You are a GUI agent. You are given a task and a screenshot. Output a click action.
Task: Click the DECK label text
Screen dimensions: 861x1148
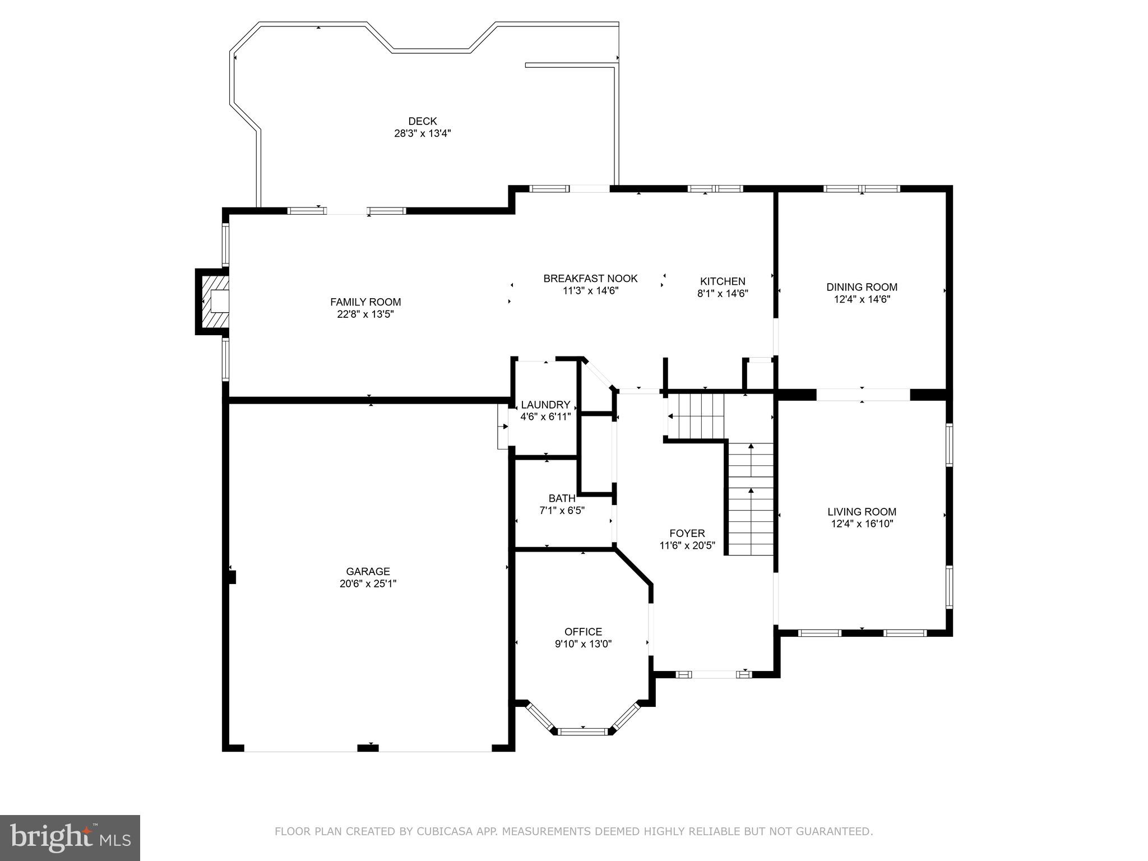pyautogui.click(x=422, y=121)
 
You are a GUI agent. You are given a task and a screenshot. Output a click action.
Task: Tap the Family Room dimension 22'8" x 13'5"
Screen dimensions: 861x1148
pyautogui.click(x=365, y=314)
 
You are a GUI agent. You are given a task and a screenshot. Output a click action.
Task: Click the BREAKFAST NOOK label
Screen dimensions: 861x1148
pyautogui.click(x=590, y=279)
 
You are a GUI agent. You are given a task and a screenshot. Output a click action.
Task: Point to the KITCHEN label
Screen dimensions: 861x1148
pyautogui.click(x=723, y=281)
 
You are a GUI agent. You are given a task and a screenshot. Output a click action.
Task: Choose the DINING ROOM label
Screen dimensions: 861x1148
pyautogui.click(x=862, y=287)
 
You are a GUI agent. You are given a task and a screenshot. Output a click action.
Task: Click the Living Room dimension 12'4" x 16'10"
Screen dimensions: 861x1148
pyautogui.click(x=862, y=524)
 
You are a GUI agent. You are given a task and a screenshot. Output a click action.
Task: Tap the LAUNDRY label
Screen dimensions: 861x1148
pyautogui.click(x=545, y=405)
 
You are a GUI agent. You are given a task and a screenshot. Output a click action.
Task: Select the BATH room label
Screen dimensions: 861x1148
pyautogui.click(x=562, y=498)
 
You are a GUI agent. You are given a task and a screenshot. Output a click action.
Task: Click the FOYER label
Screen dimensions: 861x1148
pyautogui.click(x=687, y=533)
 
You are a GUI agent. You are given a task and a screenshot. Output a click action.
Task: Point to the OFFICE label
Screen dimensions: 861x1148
pyautogui.click(x=583, y=632)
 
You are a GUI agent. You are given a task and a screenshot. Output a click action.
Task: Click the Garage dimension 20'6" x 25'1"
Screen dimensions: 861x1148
pyautogui.click(x=368, y=584)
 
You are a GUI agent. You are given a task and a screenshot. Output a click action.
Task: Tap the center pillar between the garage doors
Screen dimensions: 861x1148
pyautogui.click(x=368, y=747)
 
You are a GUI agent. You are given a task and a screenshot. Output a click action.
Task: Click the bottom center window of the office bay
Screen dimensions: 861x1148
pyautogui.click(x=584, y=731)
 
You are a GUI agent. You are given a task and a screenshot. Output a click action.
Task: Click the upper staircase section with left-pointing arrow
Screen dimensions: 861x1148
pyautogui.click(x=695, y=416)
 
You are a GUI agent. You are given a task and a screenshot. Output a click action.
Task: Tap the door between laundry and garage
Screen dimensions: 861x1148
pyautogui.click(x=503, y=427)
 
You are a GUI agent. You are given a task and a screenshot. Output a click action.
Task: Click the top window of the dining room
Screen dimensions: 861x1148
pyautogui.click(x=862, y=189)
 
